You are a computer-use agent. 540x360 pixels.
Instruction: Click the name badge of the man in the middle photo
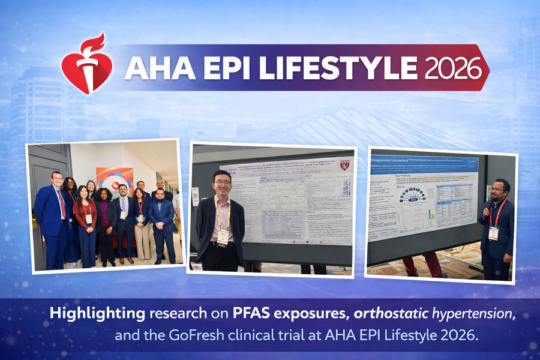tap(223, 236)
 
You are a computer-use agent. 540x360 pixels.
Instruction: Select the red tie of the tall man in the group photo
tap(62, 205)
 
